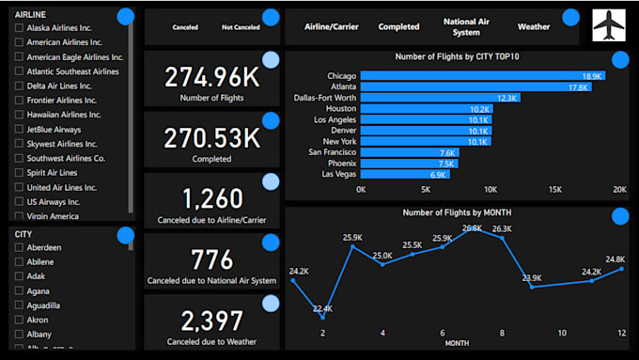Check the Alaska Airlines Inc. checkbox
tap(20, 28)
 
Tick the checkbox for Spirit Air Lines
tap(20, 173)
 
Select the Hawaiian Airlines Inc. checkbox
tap(20, 115)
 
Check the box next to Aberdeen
tap(20, 247)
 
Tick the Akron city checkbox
tap(20, 320)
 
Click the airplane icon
tap(609, 25)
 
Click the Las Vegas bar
tap(405, 175)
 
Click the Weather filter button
tap(533, 27)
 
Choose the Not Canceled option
tap(241, 27)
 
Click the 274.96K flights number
tap(211, 77)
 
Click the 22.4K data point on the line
tap(322, 318)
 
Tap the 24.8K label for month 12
tap(615, 259)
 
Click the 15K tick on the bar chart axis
tap(554, 189)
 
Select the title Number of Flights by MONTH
tap(457, 212)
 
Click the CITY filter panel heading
tap(23, 234)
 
